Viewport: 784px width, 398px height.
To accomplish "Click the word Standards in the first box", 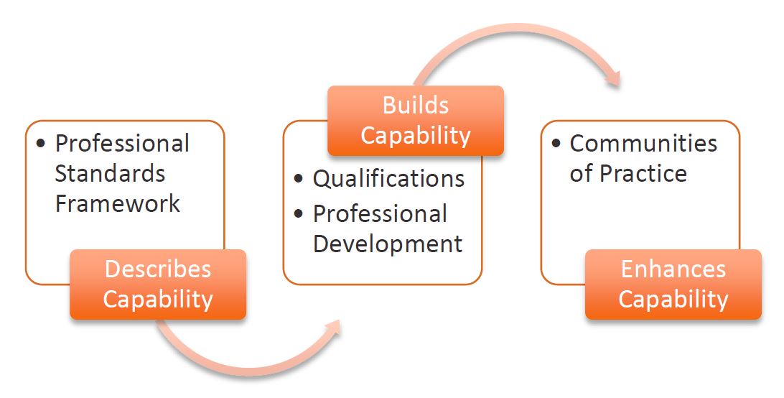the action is pyautogui.click(x=110, y=174).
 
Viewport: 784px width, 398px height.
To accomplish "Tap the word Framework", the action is pyautogui.click(x=117, y=204).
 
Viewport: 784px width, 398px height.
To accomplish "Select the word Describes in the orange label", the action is pyautogui.click(x=157, y=269).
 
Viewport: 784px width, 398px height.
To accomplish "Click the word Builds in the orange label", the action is pyautogui.click(x=416, y=106).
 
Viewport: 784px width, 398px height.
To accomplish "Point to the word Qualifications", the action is pyautogui.click(x=388, y=179).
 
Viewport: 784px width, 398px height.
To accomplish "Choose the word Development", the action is pyautogui.click(x=388, y=244).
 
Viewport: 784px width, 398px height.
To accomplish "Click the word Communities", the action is pyautogui.click(x=643, y=144).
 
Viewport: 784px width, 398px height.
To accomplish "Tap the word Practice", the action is pyautogui.click(x=643, y=174).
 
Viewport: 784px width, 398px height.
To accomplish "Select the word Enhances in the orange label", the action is pyautogui.click(x=673, y=269).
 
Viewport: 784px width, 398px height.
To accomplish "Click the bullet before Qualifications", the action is pyautogui.click(x=299, y=178).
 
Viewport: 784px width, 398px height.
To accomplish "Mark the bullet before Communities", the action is pyautogui.click(x=556, y=143).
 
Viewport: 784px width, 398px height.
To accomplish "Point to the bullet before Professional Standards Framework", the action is pyautogui.click(x=41, y=143).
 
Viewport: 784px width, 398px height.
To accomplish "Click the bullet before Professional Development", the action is pyautogui.click(x=299, y=214).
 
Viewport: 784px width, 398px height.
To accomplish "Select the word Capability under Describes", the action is pyautogui.click(x=158, y=300).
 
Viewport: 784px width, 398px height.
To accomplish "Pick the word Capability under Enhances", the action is pyautogui.click(x=673, y=300).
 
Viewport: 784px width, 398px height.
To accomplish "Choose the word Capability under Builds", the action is pyautogui.click(x=416, y=136).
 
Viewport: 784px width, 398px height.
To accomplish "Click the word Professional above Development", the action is pyautogui.click(x=380, y=214).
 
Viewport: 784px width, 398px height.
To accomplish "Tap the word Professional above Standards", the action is pyautogui.click(x=122, y=144).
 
